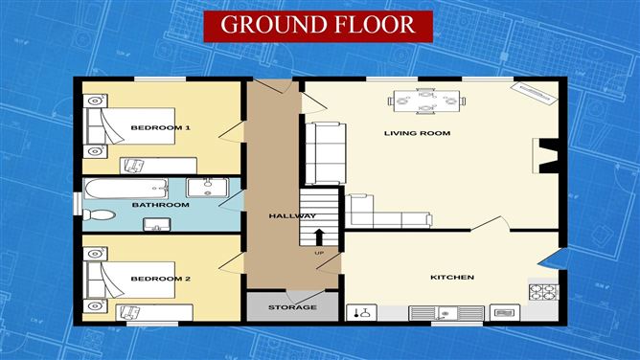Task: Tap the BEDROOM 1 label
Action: click(x=161, y=127)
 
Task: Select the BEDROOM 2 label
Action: click(x=161, y=279)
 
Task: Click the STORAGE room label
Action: click(x=292, y=307)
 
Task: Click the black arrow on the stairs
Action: click(x=320, y=236)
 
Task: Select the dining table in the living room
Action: click(x=425, y=99)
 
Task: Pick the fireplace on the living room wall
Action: click(x=547, y=156)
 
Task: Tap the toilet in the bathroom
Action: click(x=154, y=225)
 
